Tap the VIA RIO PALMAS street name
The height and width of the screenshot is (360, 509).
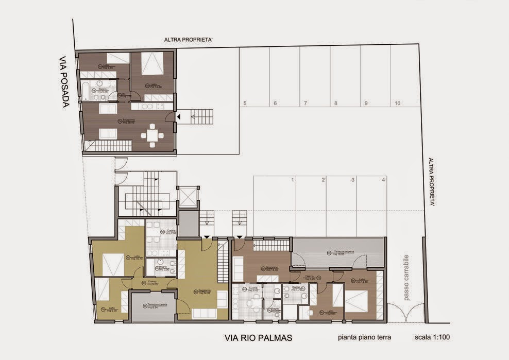(259, 338)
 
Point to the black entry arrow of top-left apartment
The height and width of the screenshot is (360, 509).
(178, 117)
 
